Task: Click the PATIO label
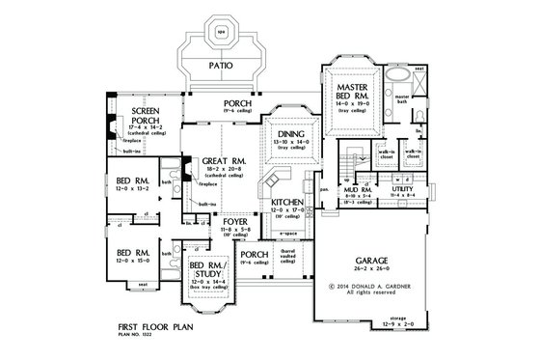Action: (x=224, y=67)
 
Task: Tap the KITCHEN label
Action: (x=288, y=202)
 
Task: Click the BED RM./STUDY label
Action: (x=207, y=264)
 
